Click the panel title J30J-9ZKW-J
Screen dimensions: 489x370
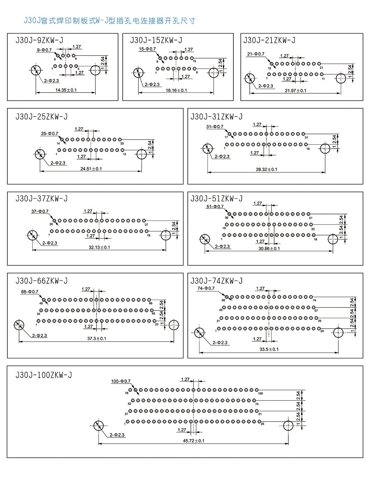[39, 40]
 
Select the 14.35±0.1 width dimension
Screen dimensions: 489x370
[66, 90]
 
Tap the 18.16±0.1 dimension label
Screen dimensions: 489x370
[176, 90]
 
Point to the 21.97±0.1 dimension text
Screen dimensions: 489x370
[295, 91]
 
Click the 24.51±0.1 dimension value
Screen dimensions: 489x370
[91, 169]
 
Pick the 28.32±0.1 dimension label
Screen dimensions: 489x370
[266, 169]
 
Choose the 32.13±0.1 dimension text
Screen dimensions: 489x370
[99, 247]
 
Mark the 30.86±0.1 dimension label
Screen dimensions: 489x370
[269, 249]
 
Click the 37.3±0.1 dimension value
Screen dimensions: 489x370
[97, 339]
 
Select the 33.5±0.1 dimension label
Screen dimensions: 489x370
[269, 349]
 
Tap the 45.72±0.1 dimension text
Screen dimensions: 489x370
[194, 441]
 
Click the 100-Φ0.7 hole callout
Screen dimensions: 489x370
[121, 381]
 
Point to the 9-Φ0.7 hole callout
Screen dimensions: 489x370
[44, 50]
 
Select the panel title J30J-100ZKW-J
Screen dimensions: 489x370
[43, 375]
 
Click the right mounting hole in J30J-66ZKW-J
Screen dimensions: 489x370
[174, 325]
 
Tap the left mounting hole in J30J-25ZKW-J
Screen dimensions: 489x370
[40, 154]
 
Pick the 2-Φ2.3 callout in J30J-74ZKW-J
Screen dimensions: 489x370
[220, 343]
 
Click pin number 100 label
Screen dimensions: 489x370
[261, 393]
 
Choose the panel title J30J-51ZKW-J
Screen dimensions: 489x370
[216, 199]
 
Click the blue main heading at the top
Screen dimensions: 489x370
[109, 21]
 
